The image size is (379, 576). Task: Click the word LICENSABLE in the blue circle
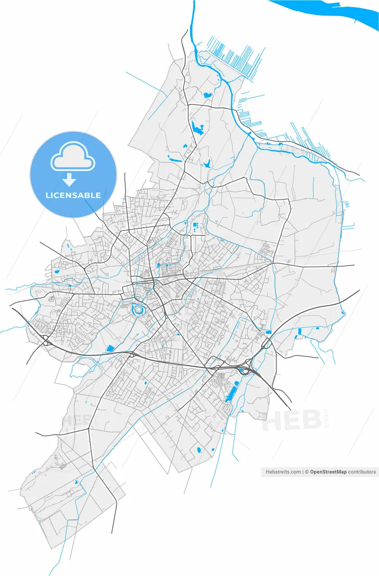(73, 195)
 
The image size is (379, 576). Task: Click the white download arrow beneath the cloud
(69, 180)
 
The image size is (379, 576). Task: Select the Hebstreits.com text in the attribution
(283, 472)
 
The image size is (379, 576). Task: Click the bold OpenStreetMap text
(329, 472)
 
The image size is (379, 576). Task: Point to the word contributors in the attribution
(362, 472)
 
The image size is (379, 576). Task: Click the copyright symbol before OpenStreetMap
(307, 472)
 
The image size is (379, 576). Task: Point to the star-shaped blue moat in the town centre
(137, 309)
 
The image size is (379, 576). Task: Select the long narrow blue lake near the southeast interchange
(231, 391)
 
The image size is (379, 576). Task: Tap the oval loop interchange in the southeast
(245, 371)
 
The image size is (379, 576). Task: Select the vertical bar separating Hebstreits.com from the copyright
(302, 472)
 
